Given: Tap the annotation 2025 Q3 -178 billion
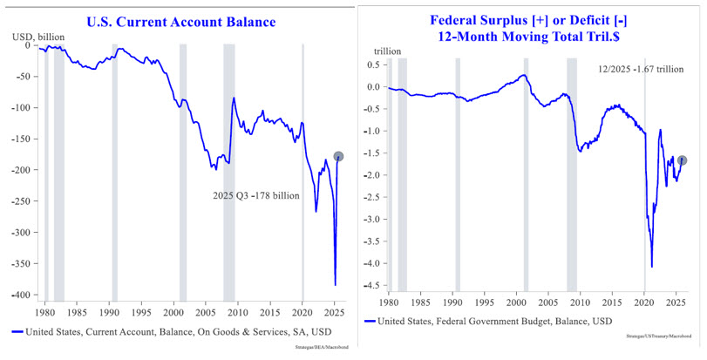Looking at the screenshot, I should pos(256,196).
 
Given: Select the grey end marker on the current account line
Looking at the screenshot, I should pos(338,157).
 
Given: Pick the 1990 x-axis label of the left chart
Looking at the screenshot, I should pos(108,311).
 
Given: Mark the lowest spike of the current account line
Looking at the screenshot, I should pos(335,284).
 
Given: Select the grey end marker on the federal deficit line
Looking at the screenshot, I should pos(683,160).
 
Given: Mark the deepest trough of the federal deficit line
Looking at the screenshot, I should pos(651,267).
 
